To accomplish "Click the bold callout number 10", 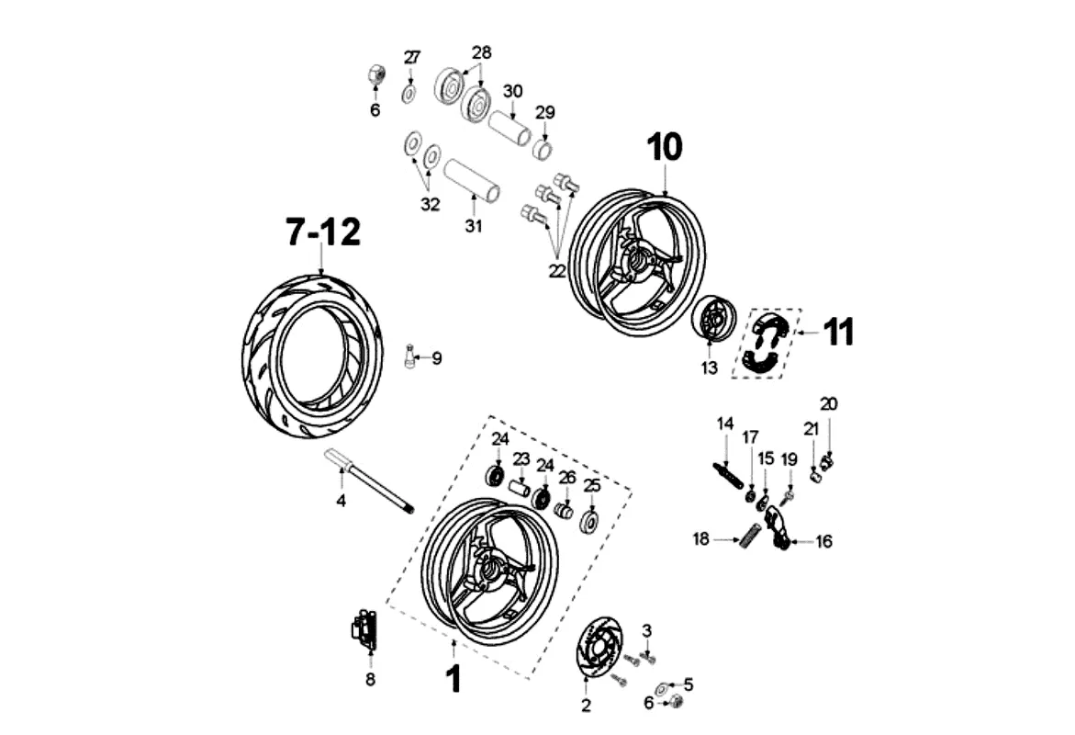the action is [665, 147].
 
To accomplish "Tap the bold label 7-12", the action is [323, 232].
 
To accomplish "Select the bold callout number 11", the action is [838, 333].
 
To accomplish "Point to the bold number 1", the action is [454, 678].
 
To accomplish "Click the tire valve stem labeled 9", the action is [409, 356].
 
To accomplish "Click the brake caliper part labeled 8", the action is [364, 628].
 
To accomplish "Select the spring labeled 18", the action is [750, 535].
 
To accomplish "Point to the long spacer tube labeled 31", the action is [472, 180].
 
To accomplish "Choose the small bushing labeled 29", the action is [543, 149].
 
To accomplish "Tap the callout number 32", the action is [430, 205].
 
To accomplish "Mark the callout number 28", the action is [481, 52].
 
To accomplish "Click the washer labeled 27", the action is [409, 94].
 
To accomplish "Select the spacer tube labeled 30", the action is [510, 129].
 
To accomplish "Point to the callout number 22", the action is [556, 271].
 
